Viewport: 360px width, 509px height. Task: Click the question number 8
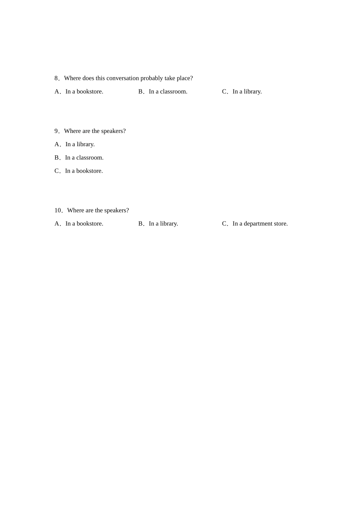pyautogui.click(x=56, y=78)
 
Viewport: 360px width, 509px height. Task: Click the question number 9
pyautogui.click(x=56, y=131)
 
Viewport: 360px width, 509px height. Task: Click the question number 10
pyautogui.click(x=58, y=211)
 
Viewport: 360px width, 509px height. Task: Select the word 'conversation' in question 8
pyautogui.click(x=122, y=78)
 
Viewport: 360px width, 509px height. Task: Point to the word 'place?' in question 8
pyautogui.click(x=185, y=78)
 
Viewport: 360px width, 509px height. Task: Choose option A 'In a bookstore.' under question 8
pyautogui.click(x=84, y=92)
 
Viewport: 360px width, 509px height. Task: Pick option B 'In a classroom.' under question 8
pyautogui.click(x=168, y=92)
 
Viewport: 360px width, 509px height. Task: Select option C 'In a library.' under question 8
pyautogui.click(x=247, y=92)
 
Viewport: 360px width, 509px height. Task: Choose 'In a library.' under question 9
pyautogui.click(x=80, y=144)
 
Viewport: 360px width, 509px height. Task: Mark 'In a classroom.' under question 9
pyautogui.click(x=84, y=158)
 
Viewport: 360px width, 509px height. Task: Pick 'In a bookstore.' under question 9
pyautogui.click(x=84, y=171)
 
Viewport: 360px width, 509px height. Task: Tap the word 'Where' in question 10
pyautogui.click(x=75, y=211)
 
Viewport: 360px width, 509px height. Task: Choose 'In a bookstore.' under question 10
pyautogui.click(x=84, y=224)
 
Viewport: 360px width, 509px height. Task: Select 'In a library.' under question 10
pyautogui.click(x=163, y=224)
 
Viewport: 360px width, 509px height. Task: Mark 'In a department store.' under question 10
pyautogui.click(x=260, y=224)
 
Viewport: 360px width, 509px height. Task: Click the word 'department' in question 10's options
pyautogui.click(x=258, y=224)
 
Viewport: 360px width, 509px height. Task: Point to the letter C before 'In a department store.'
pyautogui.click(x=224, y=224)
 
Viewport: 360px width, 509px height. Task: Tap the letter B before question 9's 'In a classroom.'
pyautogui.click(x=57, y=158)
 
